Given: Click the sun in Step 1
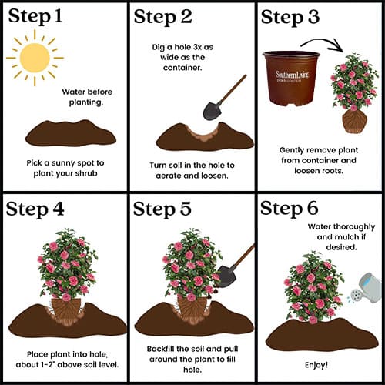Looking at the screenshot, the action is click(x=35, y=58).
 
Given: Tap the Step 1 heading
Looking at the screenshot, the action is click(x=35, y=16).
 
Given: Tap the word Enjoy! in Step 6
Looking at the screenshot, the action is click(x=316, y=365).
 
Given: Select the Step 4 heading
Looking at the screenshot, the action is click(x=35, y=209).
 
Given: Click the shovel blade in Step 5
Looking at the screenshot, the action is click(x=226, y=276).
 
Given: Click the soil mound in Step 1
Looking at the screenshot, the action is click(x=71, y=133).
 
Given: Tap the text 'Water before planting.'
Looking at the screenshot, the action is click(x=87, y=97).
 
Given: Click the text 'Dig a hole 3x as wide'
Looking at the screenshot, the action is click(x=182, y=52).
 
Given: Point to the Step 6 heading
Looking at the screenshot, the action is click(x=290, y=208).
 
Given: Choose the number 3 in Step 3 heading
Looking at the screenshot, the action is click(x=313, y=17).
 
